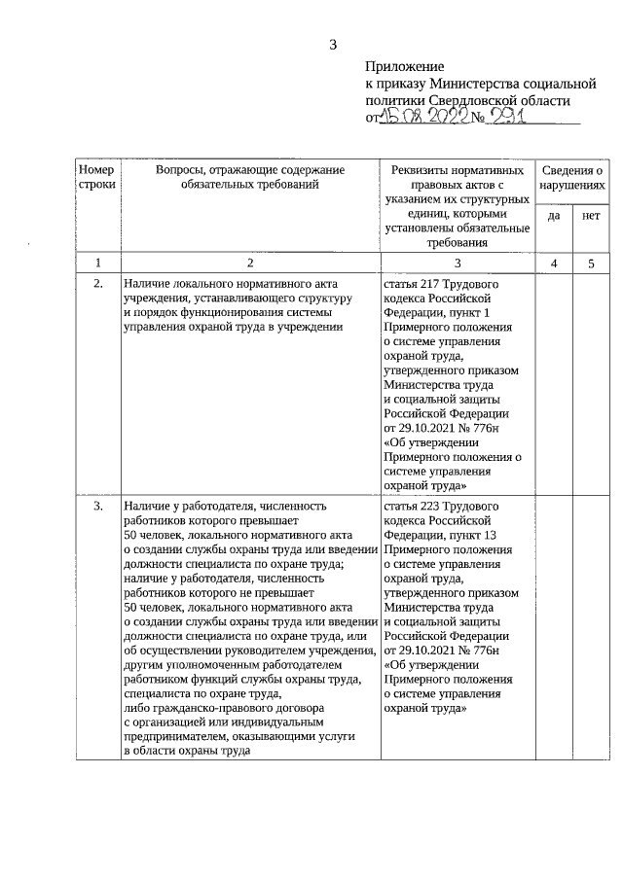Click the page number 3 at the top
pyautogui.click(x=333, y=44)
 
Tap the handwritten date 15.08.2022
pyautogui.click(x=421, y=117)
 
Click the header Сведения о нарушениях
pyautogui.click(x=571, y=176)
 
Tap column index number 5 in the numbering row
pyautogui.click(x=590, y=263)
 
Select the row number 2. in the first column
pyautogui.click(x=96, y=284)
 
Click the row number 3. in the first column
pyautogui.click(x=96, y=507)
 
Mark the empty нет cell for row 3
pyautogui.click(x=590, y=632)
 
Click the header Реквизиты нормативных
pyautogui.click(x=457, y=170)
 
